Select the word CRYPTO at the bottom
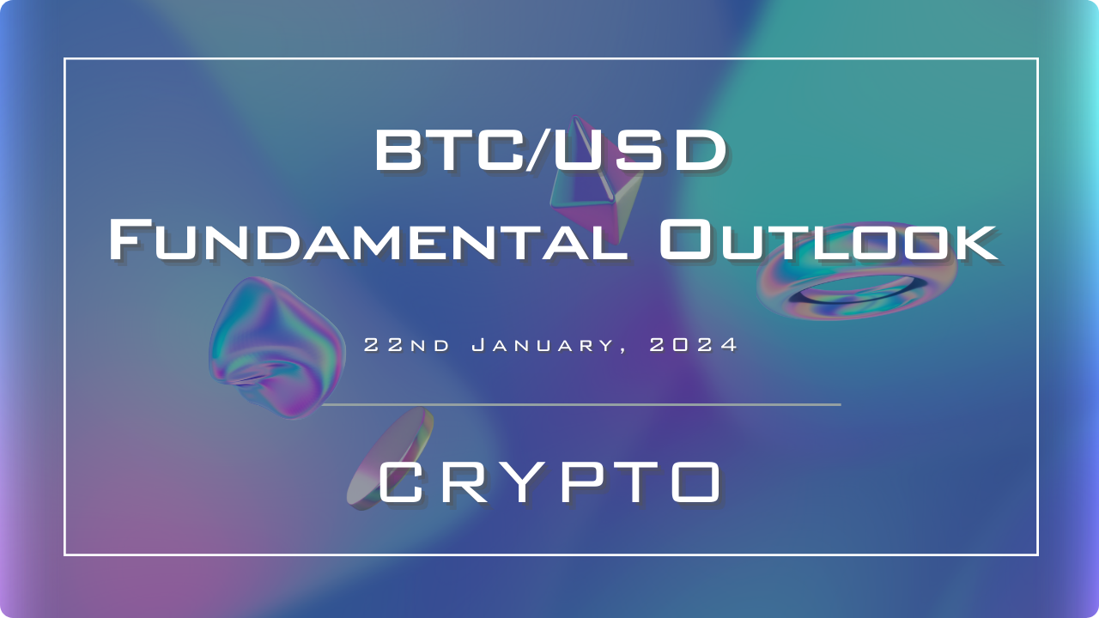pos(550,482)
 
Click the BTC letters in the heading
pos(448,150)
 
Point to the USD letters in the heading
pos(641,150)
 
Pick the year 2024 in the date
pos(693,345)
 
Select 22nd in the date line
pos(407,345)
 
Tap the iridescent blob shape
pos(277,348)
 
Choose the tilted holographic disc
pos(390,458)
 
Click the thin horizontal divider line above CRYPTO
pos(581,404)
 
